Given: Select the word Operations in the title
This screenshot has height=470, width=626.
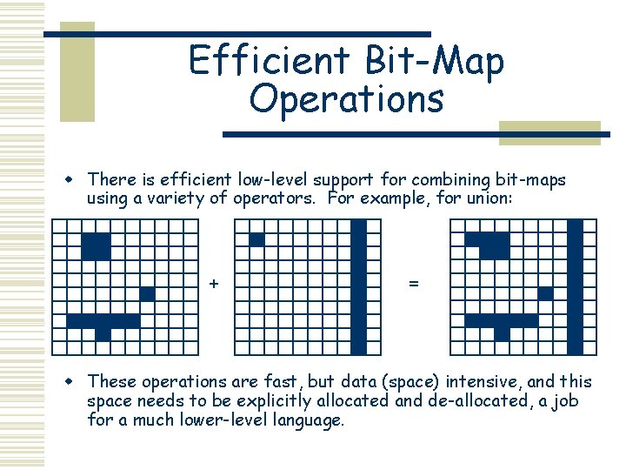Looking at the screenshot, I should pyautogui.click(x=346, y=98).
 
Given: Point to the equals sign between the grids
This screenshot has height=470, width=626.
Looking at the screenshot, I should pyautogui.click(x=412, y=284).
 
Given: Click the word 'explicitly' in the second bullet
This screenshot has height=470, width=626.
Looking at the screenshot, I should pyautogui.click(x=237, y=400).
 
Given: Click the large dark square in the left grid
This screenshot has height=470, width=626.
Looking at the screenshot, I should pyautogui.click(x=96, y=246).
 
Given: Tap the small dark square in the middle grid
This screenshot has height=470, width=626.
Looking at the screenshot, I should pyautogui.click(x=256, y=239).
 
